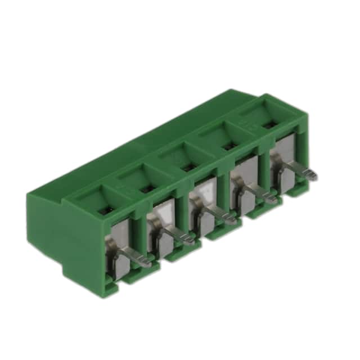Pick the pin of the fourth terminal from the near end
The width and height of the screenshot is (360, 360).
click(272, 198)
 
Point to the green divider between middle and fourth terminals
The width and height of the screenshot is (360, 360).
click(223, 194)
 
